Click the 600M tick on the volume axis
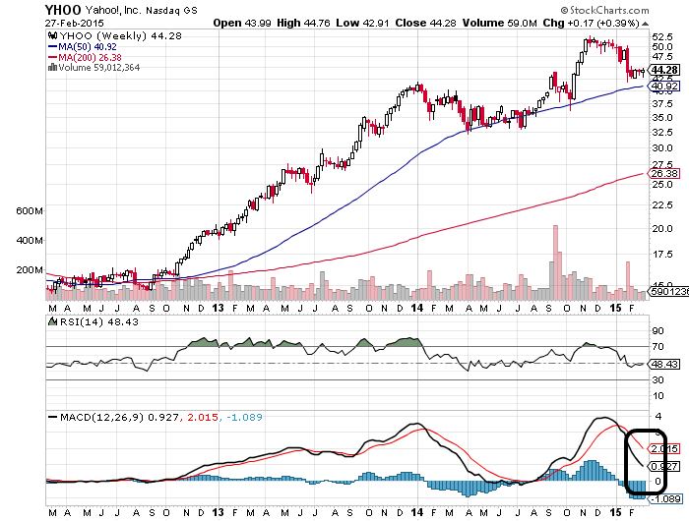point(30,211)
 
